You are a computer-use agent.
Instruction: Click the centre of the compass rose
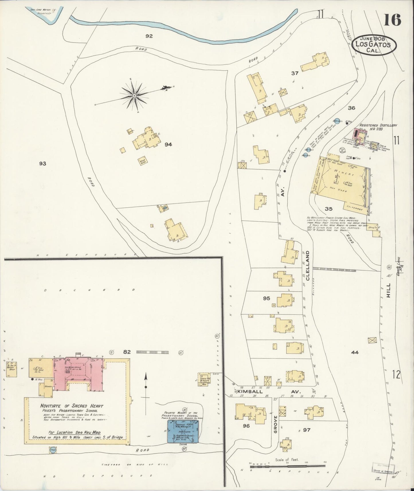point(134,96)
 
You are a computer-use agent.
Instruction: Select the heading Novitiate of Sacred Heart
point(72,406)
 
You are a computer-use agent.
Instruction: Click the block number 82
point(127,352)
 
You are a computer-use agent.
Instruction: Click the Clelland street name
point(308,266)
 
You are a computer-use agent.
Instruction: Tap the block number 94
point(168,145)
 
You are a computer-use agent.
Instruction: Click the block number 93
point(43,164)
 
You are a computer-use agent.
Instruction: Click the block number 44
point(355,352)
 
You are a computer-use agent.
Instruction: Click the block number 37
point(295,73)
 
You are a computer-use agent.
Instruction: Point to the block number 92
point(149,36)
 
